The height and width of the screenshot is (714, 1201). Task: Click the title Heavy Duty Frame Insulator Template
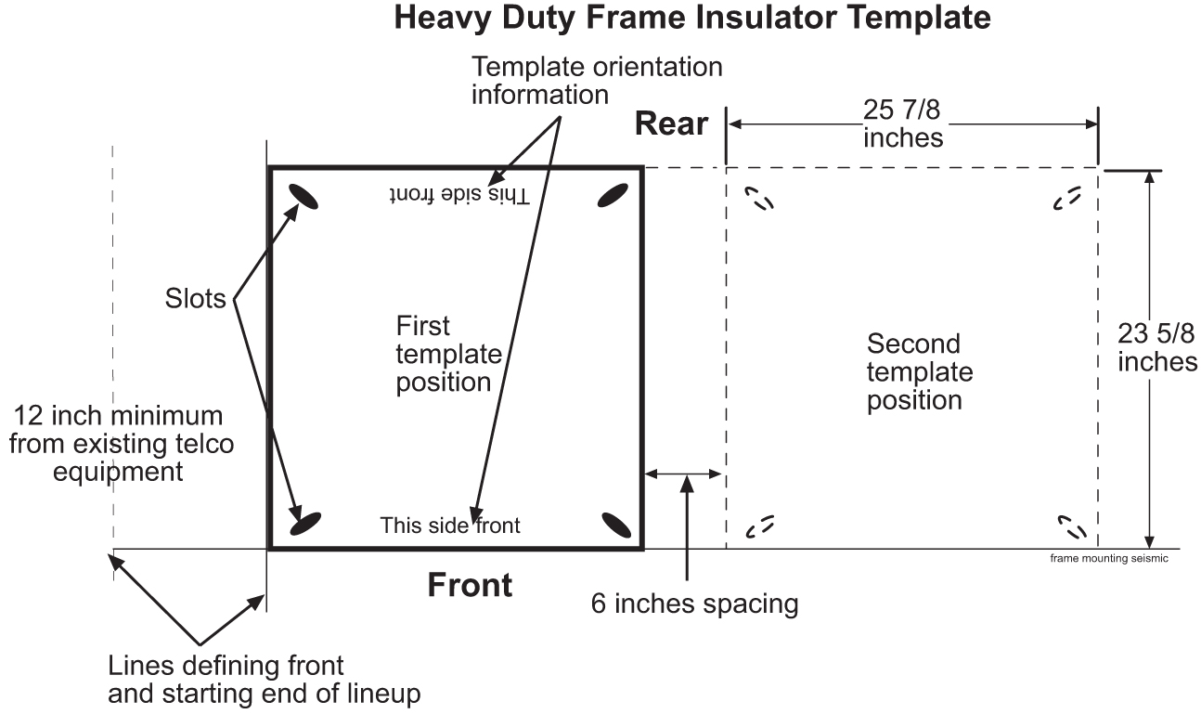(x=691, y=18)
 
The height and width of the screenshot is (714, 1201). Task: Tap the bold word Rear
(x=671, y=124)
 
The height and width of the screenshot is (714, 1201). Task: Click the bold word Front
(x=470, y=585)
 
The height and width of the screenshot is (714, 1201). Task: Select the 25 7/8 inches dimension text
(x=902, y=123)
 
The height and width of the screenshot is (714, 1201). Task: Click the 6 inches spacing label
(x=694, y=604)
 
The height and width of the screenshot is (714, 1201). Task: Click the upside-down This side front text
(x=458, y=195)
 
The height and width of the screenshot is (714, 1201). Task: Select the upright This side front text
(x=450, y=526)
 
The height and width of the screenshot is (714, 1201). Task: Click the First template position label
(x=448, y=354)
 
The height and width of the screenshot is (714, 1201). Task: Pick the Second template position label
(x=919, y=371)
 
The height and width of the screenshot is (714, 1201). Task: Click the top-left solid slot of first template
(x=304, y=196)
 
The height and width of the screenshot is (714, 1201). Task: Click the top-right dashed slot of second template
(x=1067, y=198)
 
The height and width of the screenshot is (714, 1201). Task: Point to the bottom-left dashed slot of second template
(x=760, y=526)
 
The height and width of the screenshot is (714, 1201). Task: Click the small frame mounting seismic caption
(x=1108, y=559)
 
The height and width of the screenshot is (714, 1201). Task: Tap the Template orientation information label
(x=597, y=81)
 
